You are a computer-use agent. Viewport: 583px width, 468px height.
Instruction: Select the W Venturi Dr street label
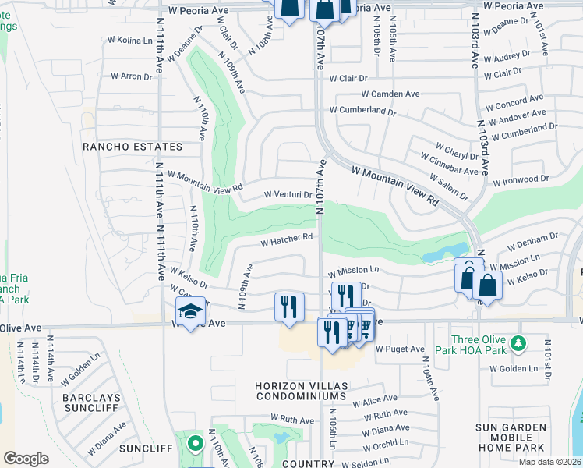(288, 195)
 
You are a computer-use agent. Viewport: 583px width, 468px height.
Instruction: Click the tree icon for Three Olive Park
(517, 342)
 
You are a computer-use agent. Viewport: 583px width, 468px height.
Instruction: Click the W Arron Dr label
(131, 76)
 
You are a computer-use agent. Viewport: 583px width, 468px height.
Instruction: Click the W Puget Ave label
(399, 349)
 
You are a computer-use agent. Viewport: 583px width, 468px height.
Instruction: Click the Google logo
(26, 459)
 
